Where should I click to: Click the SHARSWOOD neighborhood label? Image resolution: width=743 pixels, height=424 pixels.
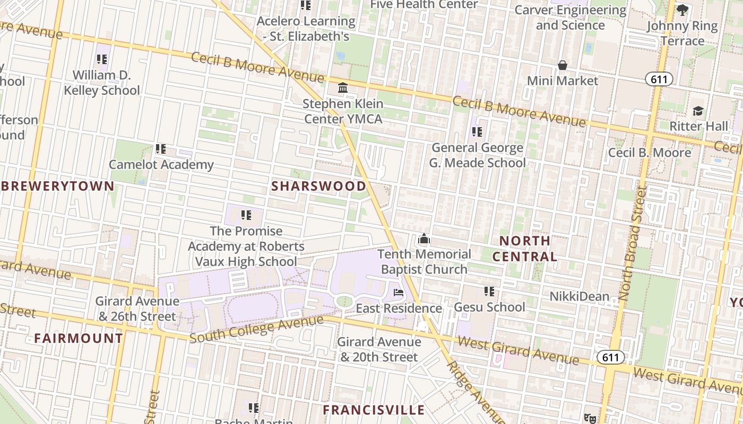(x=318, y=186)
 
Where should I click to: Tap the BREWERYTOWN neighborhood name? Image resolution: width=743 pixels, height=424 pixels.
(x=57, y=186)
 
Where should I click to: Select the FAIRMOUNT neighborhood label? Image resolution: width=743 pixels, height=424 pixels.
(x=79, y=338)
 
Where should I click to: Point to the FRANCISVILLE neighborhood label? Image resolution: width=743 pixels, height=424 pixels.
(x=374, y=410)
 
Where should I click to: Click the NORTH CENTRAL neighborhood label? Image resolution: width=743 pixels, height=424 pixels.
(x=524, y=249)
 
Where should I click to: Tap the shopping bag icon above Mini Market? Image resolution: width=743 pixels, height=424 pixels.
(x=563, y=65)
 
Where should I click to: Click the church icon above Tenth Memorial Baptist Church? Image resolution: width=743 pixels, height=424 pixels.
(x=424, y=239)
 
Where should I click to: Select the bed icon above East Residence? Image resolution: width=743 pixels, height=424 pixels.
(x=399, y=292)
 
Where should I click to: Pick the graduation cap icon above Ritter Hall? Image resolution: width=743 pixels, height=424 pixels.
(x=698, y=111)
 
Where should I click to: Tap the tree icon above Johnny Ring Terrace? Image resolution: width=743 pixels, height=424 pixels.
(x=682, y=10)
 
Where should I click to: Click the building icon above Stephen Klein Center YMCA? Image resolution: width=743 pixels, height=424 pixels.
(x=343, y=87)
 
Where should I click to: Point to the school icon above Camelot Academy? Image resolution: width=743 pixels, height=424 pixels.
(x=161, y=149)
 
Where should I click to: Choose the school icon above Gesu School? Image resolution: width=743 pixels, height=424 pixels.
(x=489, y=291)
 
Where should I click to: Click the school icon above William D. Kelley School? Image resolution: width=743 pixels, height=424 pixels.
(x=101, y=59)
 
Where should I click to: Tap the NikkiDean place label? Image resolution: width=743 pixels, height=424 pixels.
(x=579, y=296)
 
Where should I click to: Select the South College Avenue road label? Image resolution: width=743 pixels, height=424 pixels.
(x=256, y=329)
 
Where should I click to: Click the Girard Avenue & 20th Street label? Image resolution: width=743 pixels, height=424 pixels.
(x=379, y=349)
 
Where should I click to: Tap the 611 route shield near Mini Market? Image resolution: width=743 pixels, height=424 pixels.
(x=659, y=79)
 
